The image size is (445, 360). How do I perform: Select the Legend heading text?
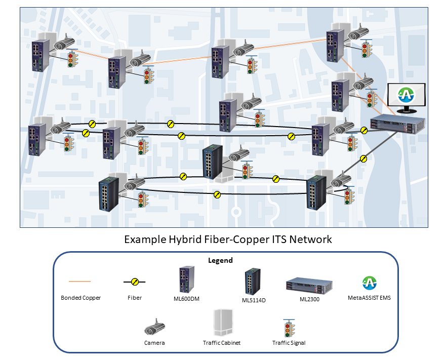(220, 260)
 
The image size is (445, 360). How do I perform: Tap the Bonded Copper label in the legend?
(80, 298)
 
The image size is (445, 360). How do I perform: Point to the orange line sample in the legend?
(80, 281)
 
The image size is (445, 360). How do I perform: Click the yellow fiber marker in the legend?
(134, 282)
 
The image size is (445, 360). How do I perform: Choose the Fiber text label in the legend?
(134, 298)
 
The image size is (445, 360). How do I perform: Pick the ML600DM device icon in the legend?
(183, 279)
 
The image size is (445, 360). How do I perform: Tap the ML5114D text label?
(254, 300)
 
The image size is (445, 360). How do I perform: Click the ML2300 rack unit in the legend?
(309, 285)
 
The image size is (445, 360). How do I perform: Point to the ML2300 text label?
(309, 300)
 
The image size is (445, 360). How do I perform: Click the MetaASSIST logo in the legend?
(369, 283)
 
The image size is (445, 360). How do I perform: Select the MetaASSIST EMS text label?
(369, 298)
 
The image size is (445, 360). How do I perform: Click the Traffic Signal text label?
(289, 343)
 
